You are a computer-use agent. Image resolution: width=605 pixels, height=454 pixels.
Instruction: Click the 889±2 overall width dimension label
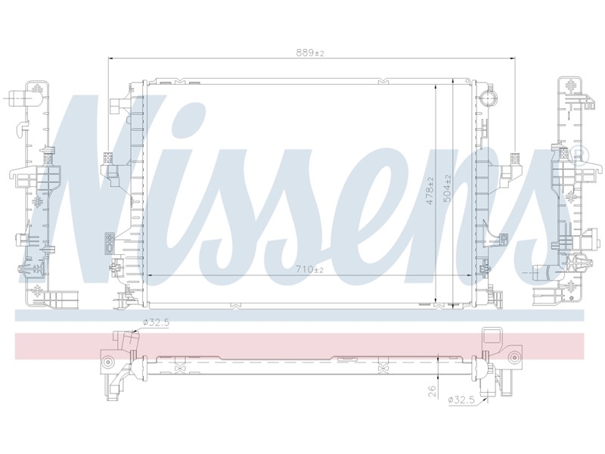point(310,53)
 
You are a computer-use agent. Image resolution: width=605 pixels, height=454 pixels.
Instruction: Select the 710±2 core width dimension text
point(310,270)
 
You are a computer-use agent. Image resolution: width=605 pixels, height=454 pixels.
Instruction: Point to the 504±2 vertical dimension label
point(448,188)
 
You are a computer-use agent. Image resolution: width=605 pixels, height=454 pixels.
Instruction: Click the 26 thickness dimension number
point(432,391)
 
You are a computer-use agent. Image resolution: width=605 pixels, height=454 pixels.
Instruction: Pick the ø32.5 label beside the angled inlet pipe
point(157,323)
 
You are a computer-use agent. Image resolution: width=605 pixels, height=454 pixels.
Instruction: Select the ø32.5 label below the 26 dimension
point(461,400)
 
